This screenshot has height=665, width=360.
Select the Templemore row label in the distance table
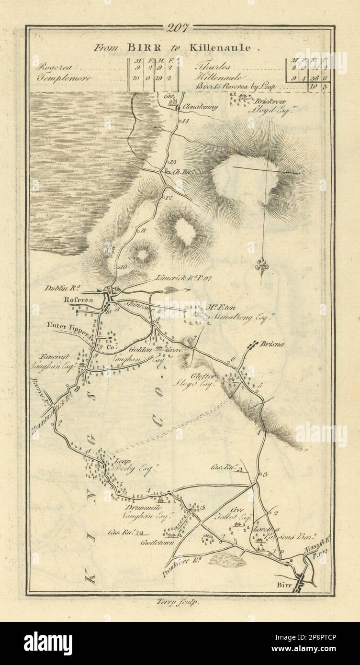tap(56, 78)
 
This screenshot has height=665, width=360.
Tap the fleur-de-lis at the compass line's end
tap(261, 265)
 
